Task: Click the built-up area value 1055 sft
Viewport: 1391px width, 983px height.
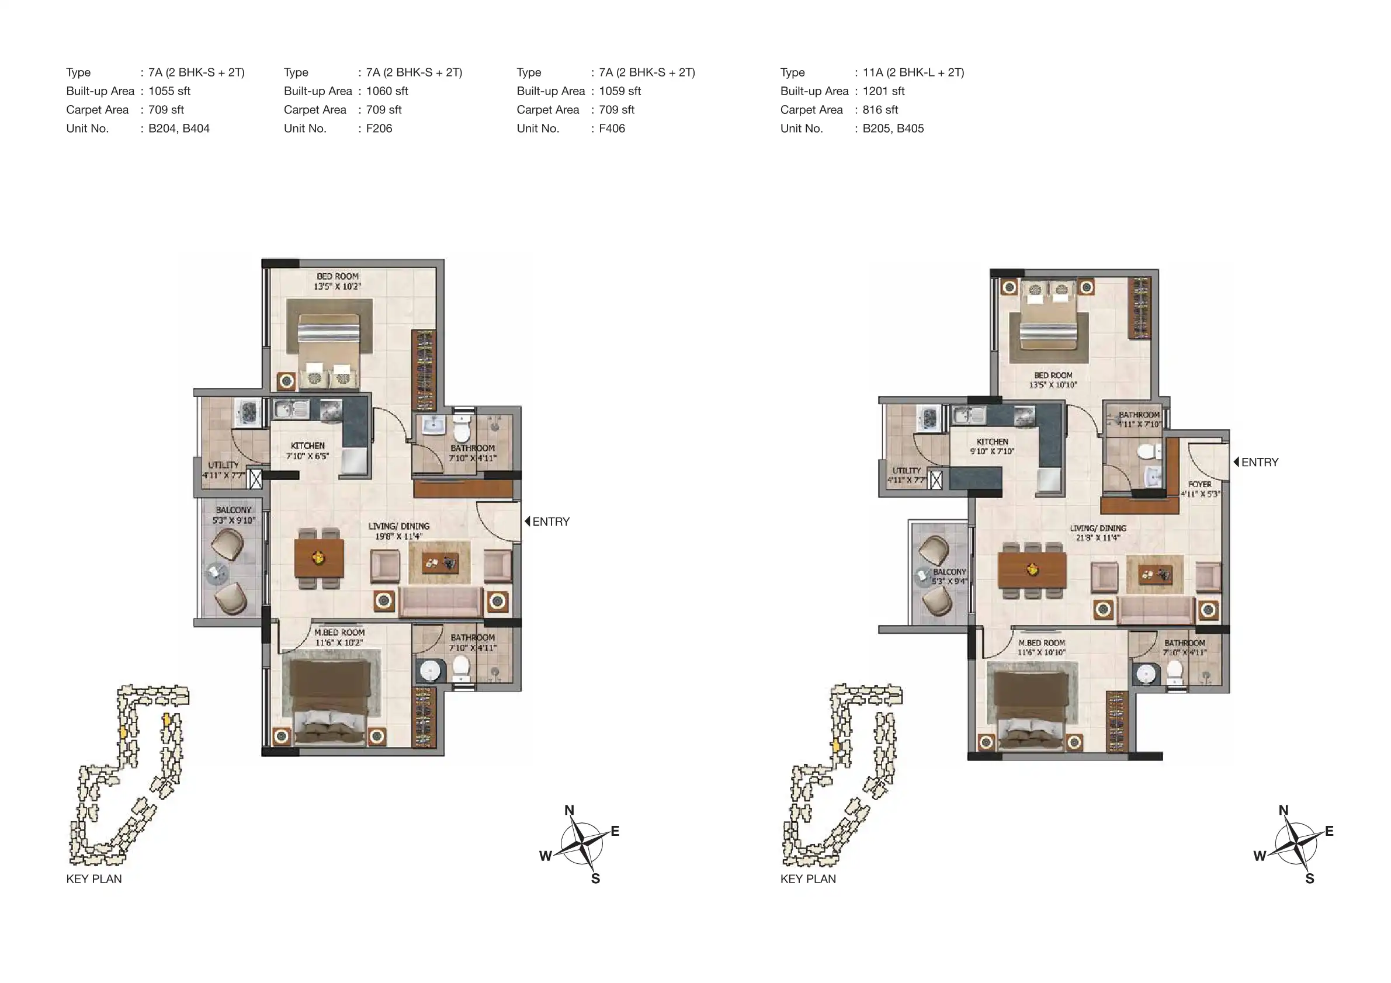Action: tap(169, 91)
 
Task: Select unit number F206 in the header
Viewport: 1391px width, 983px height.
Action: tap(379, 128)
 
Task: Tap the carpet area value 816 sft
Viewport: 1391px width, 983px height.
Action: tap(880, 110)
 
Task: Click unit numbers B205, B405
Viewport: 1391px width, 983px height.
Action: tap(893, 128)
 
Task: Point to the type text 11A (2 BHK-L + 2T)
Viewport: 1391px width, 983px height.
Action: tap(913, 72)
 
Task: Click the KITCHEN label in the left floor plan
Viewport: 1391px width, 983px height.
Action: tap(308, 446)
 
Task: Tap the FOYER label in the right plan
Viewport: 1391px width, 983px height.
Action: tap(1199, 484)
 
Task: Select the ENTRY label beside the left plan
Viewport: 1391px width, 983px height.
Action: tap(551, 522)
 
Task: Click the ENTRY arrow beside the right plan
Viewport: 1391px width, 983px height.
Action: tap(1236, 461)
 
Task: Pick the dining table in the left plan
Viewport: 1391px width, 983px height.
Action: tap(318, 558)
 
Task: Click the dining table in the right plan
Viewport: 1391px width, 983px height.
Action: tap(1032, 569)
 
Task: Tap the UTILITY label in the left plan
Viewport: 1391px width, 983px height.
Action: tap(223, 465)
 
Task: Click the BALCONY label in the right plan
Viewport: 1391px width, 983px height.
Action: tap(949, 572)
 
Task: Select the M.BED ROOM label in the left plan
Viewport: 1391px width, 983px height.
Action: tap(339, 633)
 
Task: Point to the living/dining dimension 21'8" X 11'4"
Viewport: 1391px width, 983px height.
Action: tap(1098, 538)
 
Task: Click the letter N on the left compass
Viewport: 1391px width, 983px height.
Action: tap(569, 810)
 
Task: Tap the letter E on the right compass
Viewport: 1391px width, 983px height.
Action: tap(1328, 831)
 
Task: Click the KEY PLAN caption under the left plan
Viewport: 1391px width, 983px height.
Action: tap(94, 879)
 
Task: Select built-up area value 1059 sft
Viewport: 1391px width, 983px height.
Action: tap(620, 91)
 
